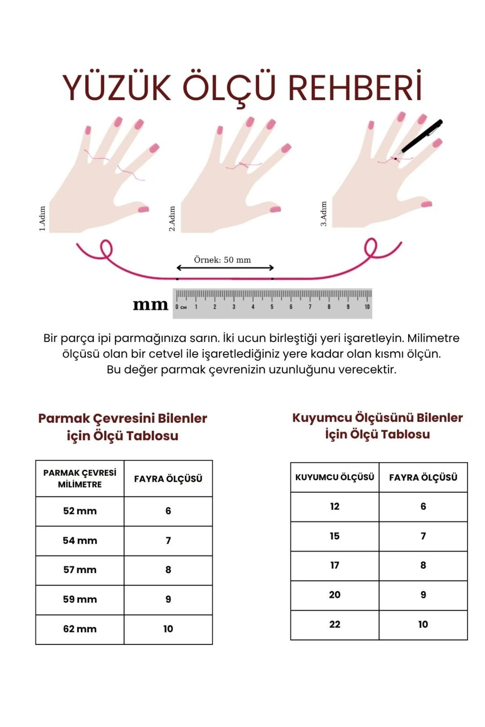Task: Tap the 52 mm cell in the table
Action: pos(80,511)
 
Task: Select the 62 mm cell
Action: pos(80,629)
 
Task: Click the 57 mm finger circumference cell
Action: pos(80,570)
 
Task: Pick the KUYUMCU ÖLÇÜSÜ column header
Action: pos(335,477)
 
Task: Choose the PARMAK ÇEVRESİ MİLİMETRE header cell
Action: pos(80,479)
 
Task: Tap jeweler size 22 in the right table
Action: pos(335,624)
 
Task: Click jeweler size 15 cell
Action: pos(335,536)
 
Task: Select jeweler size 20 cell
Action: pos(335,595)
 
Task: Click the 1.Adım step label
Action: pos(42,219)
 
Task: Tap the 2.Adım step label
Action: pos(172,219)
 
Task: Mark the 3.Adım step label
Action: pos(324,214)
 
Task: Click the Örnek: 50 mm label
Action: pos(222,260)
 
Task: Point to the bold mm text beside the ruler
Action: pos(150,305)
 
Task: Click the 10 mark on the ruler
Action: pos(367,307)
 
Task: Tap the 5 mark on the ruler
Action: pos(272,307)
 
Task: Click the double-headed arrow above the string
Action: pos(225,268)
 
